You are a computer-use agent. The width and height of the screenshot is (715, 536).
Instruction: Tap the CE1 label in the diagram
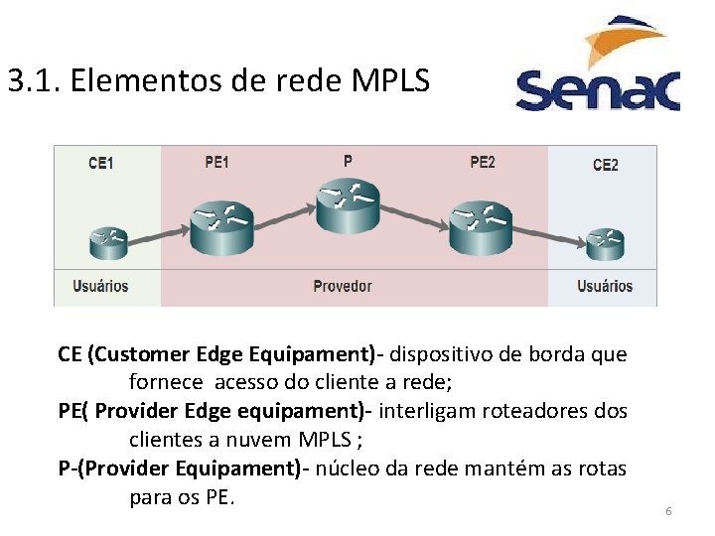coord(100,164)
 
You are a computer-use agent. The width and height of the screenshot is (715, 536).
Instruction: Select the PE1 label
coord(216,162)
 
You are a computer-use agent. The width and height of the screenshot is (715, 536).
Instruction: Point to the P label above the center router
coord(348,160)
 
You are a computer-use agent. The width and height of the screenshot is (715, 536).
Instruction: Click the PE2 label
coord(483,162)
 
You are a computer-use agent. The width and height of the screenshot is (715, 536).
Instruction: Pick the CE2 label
coord(605,165)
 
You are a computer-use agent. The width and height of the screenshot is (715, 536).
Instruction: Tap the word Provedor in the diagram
coord(343,286)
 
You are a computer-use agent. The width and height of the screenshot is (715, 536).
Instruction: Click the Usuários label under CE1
coord(100,286)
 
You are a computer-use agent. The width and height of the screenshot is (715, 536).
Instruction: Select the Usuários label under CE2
coord(605,286)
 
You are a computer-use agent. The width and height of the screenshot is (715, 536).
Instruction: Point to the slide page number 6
coord(668,511)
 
